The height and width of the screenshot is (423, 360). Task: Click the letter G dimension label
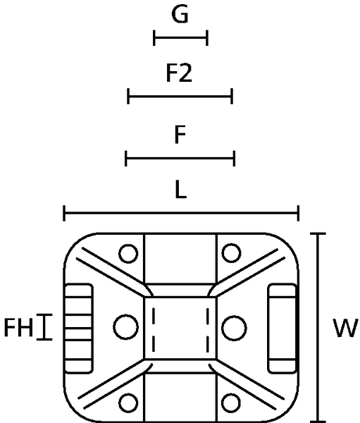[180, 14]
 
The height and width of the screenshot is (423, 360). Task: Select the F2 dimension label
[179, 73]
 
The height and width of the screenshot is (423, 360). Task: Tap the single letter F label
[180, 135]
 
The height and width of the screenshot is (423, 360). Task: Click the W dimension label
[346, 328]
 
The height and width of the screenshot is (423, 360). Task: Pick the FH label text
[18, 328]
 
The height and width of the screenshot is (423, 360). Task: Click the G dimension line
[180, 38]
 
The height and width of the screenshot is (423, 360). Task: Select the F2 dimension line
[180, 96]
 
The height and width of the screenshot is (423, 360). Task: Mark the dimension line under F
[180, 159]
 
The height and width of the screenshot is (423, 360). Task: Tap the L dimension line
[181, 213]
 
